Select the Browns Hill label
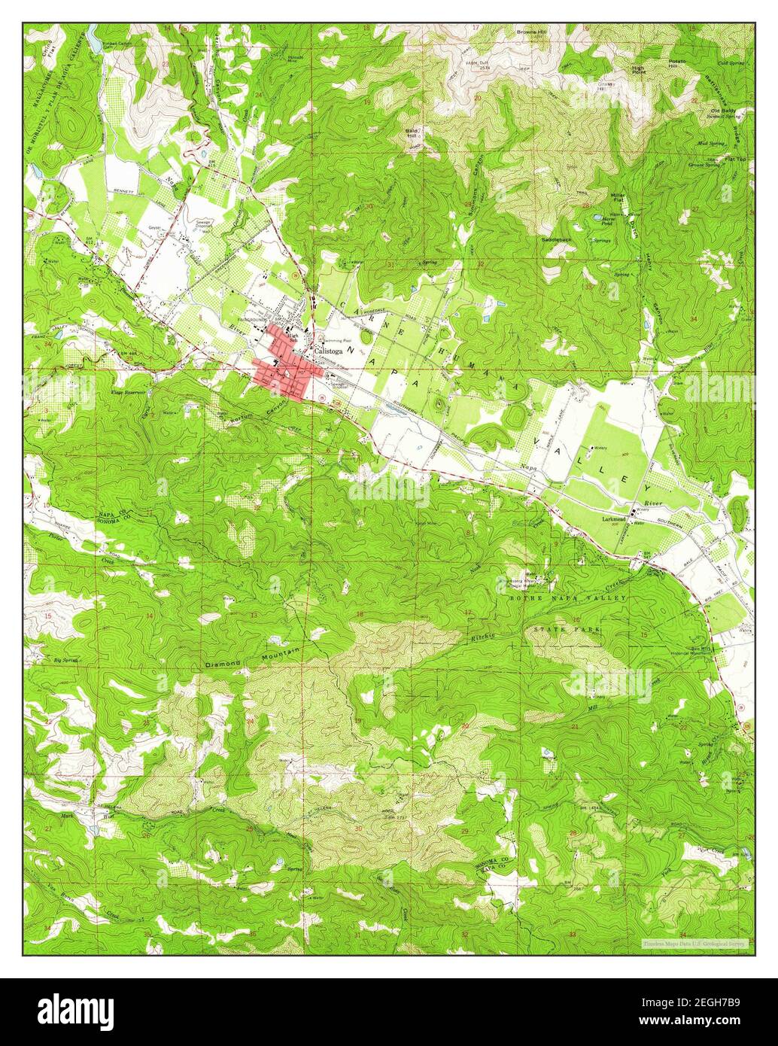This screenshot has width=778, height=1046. (535, 32)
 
